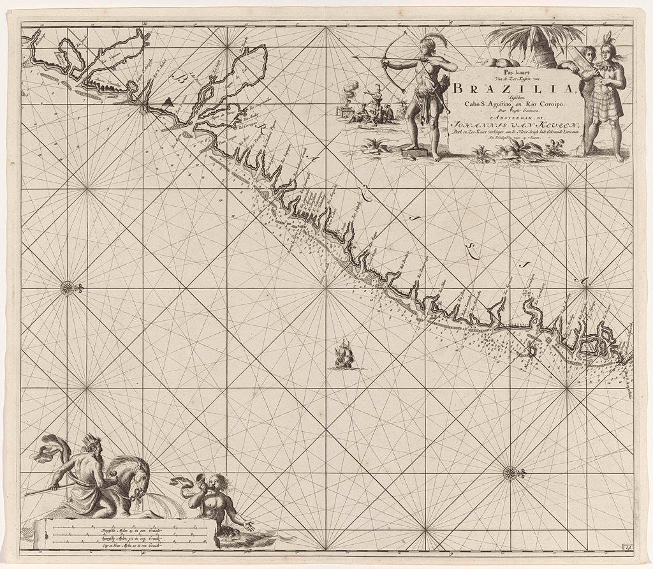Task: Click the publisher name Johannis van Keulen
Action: tap(510, 126)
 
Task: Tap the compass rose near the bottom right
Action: tap(510, 473)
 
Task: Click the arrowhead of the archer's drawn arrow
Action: tap(355, 58)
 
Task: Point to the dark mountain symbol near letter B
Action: tap(167, 101)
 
